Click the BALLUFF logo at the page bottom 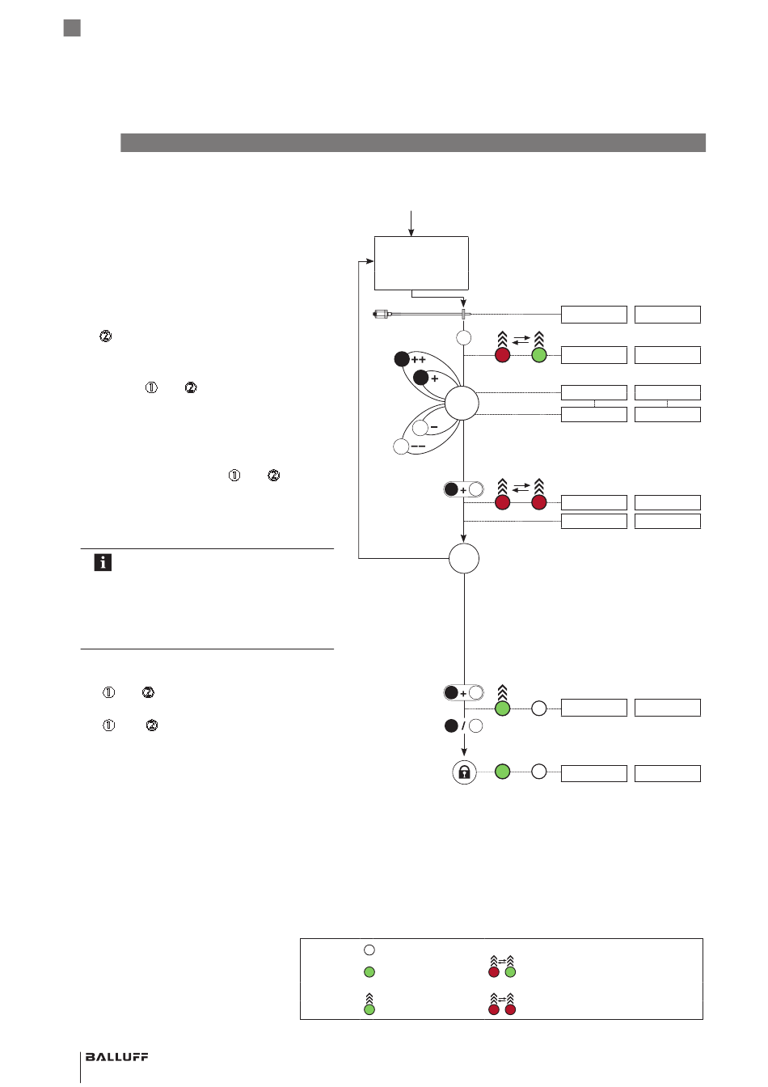coord(116,1056)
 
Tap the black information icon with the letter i coord(103,562)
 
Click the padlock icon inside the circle coord(464,772)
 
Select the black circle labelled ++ coord(402,359)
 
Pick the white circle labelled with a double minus coord(401,446)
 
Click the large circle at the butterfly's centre coord(462,404)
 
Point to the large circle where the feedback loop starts coord(464,559)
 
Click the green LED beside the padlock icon coord(503,772)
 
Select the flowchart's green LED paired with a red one coord(539,355)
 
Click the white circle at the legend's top coord(369,950)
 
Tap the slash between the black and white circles coord(463,726)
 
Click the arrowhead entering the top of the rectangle coord(411,233)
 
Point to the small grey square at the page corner coord(72,28)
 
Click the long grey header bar coord(413,142)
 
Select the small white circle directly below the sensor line coord(464,337)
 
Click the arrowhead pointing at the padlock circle coord(464,752)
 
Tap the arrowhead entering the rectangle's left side coord(370,261)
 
